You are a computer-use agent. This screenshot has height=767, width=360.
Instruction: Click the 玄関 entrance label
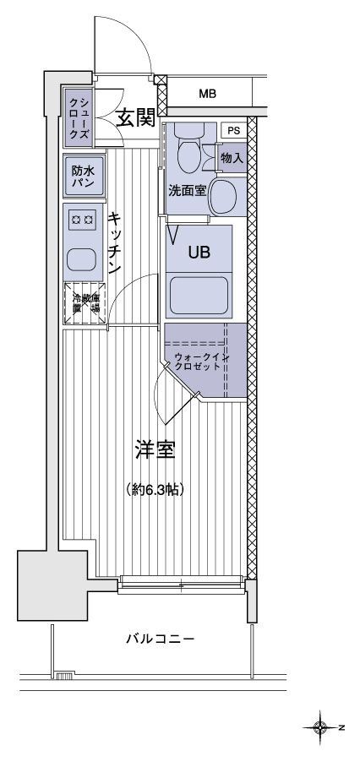134,118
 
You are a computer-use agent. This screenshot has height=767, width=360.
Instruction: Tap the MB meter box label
207,94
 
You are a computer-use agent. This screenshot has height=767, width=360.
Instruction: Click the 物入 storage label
232,157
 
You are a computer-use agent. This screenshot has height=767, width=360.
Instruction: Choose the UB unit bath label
198,251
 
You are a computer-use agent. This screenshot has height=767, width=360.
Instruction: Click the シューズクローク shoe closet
78,116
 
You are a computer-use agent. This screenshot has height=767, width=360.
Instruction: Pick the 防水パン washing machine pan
82,176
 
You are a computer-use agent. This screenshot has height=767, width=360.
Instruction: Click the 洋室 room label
155,449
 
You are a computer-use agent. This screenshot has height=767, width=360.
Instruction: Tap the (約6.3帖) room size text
156,489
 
